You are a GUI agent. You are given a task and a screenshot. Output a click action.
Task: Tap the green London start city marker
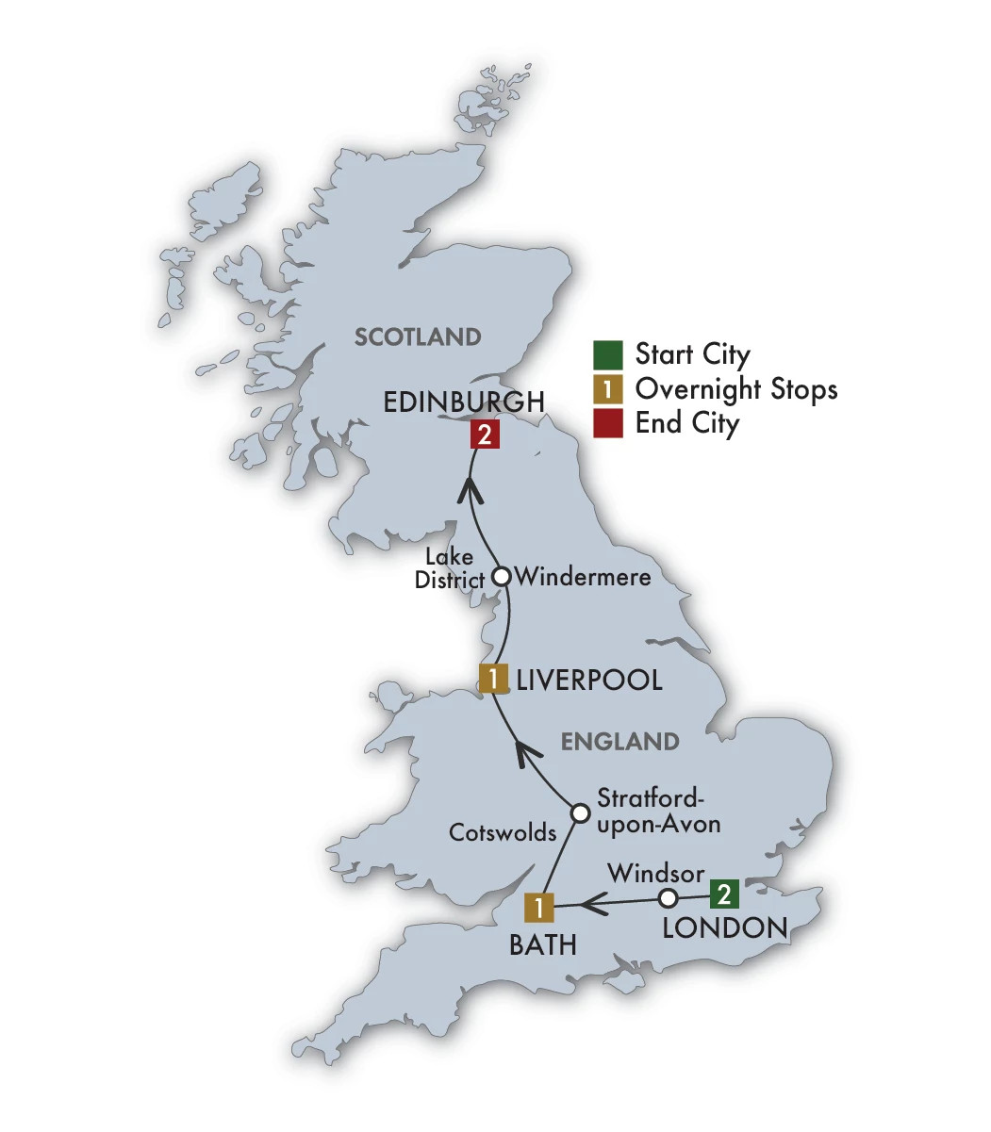tap(723, 894)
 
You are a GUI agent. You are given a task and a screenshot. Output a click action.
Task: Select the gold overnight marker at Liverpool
tap(493, 679)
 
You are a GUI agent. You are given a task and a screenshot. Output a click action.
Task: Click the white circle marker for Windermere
tap(503, 576)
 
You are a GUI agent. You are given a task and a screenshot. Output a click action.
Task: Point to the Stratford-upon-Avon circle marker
tap(581, 812)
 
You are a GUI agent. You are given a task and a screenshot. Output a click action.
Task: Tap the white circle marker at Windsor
tap(668, 897)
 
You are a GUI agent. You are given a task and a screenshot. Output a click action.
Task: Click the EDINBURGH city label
tap(464, 402)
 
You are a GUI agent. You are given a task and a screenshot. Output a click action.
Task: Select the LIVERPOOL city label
tap(587, 680)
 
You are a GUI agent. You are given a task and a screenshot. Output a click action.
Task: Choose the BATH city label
tap(542, 944)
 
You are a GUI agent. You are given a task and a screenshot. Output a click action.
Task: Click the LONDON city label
tap(724, 927)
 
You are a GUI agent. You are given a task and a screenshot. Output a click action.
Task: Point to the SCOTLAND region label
tap(418, 336)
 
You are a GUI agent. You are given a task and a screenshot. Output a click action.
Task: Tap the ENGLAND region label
tap(619, 742)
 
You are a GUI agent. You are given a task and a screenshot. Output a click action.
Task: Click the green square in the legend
tap(608, 355)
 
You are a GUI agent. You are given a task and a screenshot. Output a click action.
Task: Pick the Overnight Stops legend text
tap(736, 388)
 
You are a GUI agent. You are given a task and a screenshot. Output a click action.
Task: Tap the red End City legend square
tap(608, 423)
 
